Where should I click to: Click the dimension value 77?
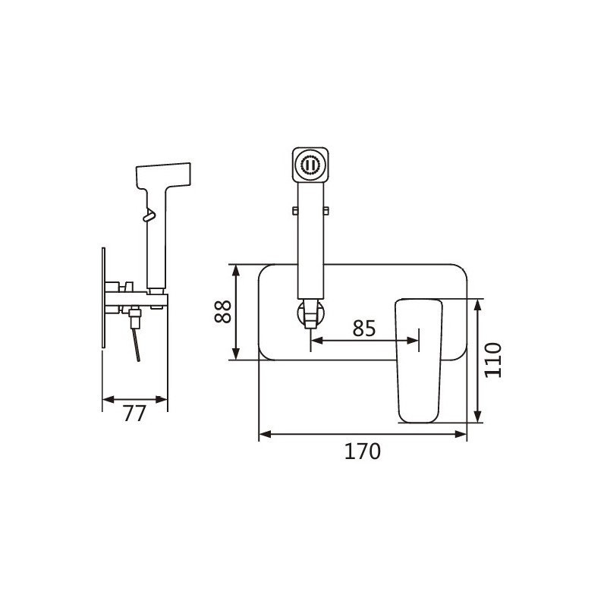(134, 414)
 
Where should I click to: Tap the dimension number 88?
(222, 312)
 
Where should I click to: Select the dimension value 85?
(364, 329)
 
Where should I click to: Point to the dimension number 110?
(492, 360)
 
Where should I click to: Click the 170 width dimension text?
(363, 451)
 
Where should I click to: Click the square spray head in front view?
(310, 165)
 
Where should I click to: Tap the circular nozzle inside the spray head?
(310, 165)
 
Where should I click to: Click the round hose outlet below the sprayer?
(310, 313)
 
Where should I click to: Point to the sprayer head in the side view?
(163, 176)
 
